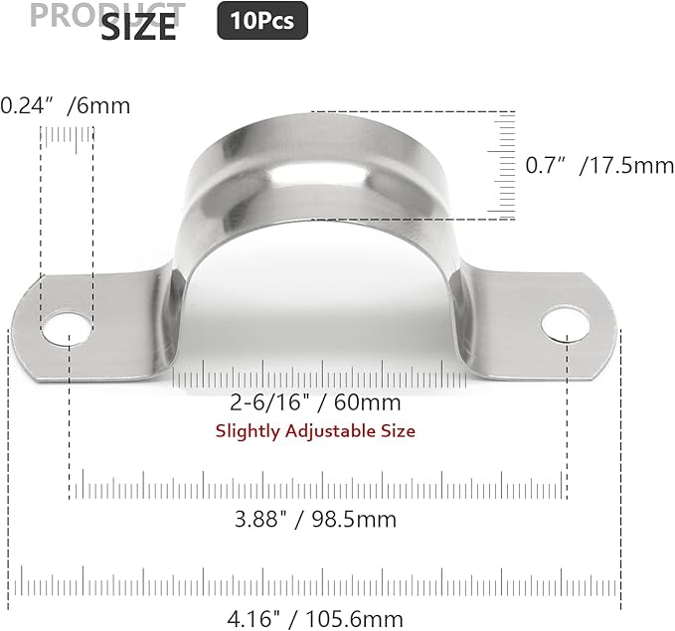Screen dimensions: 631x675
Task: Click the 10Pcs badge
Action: click(x=262, y=20)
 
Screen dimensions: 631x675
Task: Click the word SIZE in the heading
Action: click(x=138, y=28)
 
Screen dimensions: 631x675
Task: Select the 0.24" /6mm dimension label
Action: click(x=66, y=105)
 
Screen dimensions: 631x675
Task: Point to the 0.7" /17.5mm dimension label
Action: click(x=598, y=165)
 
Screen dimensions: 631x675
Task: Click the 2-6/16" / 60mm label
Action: click(x=315, y=402)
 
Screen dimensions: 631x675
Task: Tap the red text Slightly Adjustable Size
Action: click(x=315, y=430)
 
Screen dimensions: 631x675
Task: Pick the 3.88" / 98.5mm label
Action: click(x=316, y=519)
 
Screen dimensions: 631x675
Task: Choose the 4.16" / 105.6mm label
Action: click(x=315, y=619)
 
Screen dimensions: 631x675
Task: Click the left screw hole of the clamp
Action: click(x=68, y=326)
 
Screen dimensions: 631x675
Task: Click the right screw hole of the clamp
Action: click(x=565, y=323)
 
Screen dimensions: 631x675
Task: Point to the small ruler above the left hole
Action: click(x=67, y=144)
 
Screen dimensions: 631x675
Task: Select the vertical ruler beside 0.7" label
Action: click(x=504, y=165)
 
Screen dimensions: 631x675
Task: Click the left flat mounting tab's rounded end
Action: click(x=28, y=333)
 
